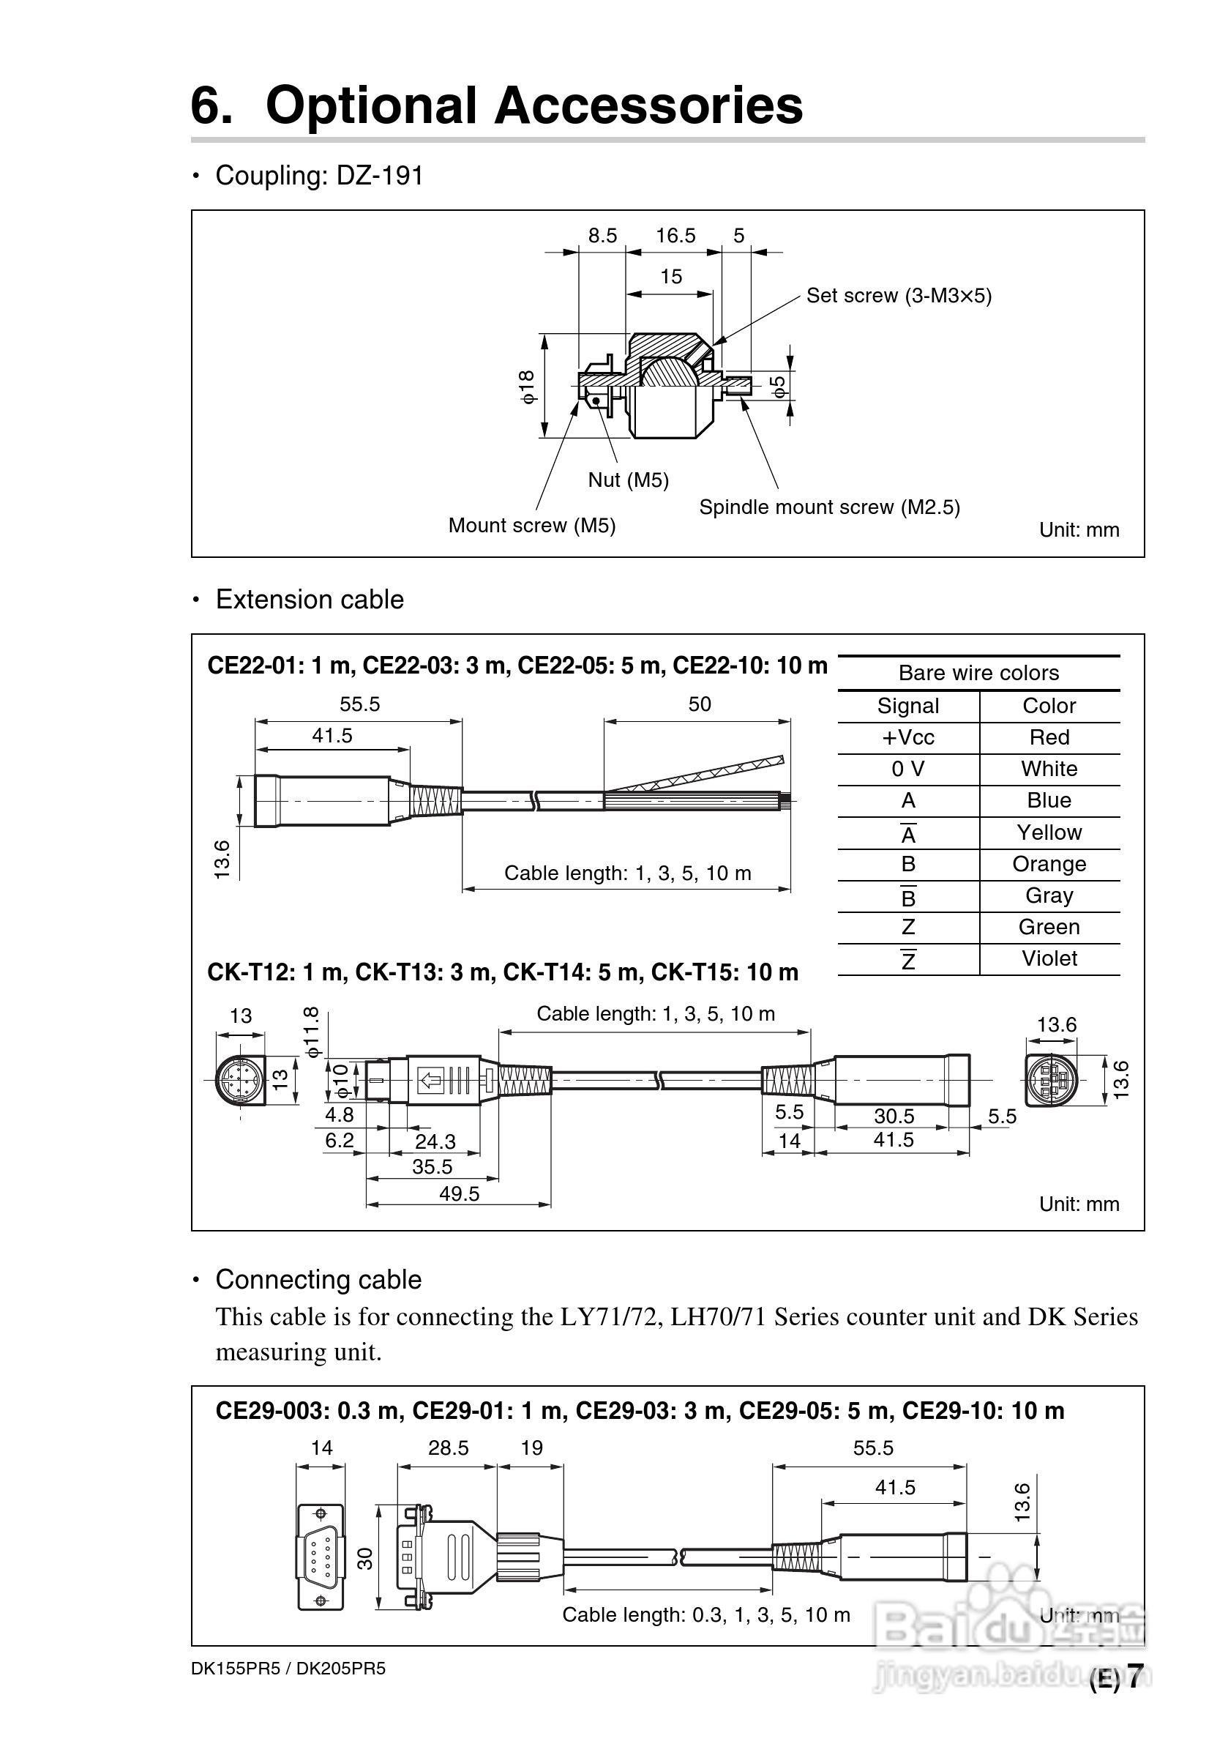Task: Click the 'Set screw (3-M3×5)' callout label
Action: pos(899,296)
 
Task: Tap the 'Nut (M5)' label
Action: pos(628,480)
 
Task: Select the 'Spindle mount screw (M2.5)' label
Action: pos(829,507)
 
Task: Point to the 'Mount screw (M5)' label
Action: pos(531,526)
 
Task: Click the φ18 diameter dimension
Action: pos(528,387)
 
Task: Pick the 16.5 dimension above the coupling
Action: pos(675,236)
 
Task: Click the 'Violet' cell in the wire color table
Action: pos(1049,958)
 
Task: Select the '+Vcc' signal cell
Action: pos(907,737)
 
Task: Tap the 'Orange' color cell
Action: pos(1049,864)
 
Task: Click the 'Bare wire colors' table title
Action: pos(978,673)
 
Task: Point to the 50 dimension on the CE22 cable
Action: pos(700,704)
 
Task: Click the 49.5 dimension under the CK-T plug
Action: pos(460,1194)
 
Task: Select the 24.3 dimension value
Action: pos(435,1141)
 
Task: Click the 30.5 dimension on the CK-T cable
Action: pos(894,1116)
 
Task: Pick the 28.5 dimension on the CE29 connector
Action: pos(448,1447)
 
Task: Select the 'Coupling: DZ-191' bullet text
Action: pos(319,176)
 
